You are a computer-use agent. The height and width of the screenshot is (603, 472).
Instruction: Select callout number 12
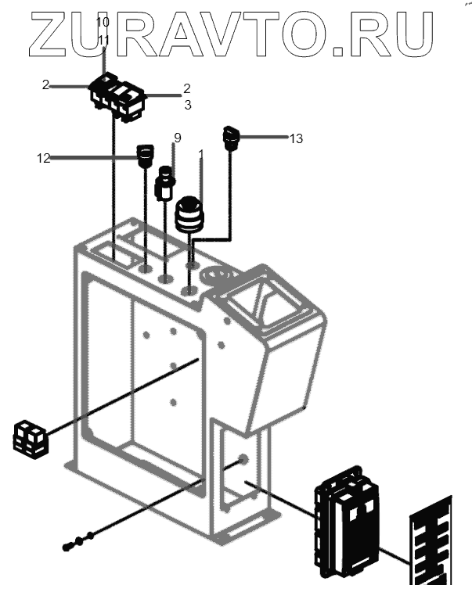(43, 158)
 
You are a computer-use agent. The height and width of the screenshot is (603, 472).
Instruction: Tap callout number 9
(178, 138)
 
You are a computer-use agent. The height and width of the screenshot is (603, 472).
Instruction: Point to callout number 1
(201, 153)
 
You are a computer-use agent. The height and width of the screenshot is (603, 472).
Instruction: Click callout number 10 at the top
(103, 22)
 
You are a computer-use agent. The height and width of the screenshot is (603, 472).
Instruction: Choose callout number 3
(187, 103)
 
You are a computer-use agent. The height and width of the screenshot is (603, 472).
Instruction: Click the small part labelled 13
(232, 138)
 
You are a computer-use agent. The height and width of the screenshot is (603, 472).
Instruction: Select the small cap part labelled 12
(145, 156)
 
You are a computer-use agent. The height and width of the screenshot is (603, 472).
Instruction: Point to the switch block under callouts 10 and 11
(118, 97)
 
